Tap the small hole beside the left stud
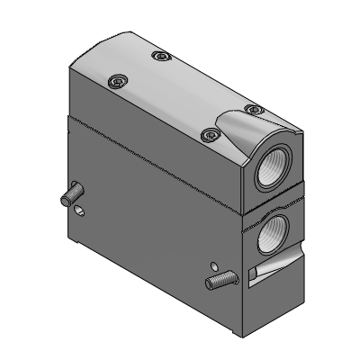click(81, 211)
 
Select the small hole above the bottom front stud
click(213, 265)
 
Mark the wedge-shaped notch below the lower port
click(274, 267)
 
